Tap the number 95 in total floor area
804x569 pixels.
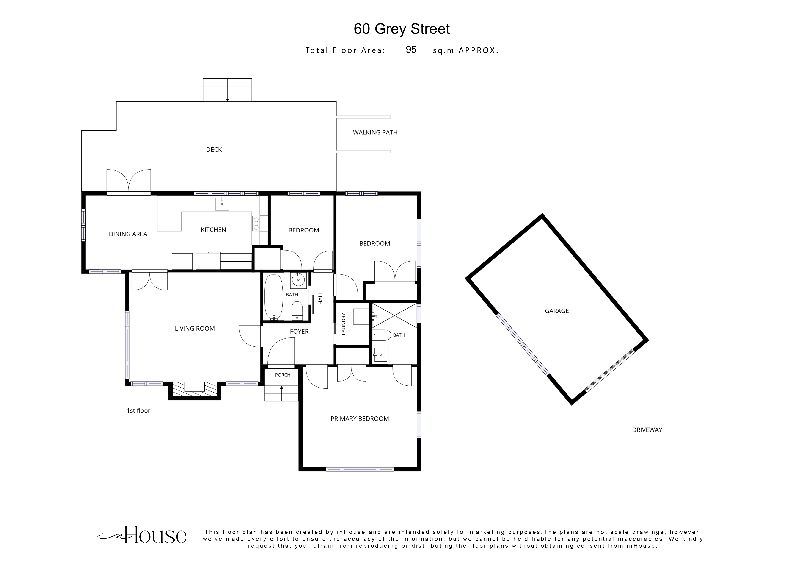click(411, 50)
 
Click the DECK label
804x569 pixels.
click(214, 150)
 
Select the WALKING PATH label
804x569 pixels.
click(375, 133)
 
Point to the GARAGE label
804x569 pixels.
click(557, 311)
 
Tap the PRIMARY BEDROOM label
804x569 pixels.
click(360, 418)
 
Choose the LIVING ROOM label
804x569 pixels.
click(195, 329)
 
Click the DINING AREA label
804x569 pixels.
click(128, 234)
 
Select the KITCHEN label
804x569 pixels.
click(213, 230)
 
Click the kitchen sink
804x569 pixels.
click(222, 204)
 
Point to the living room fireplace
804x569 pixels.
click(195, 390)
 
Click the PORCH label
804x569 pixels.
click(283, 375)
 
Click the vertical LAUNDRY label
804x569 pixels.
click(344, 324)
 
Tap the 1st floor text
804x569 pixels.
click(138, 410)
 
